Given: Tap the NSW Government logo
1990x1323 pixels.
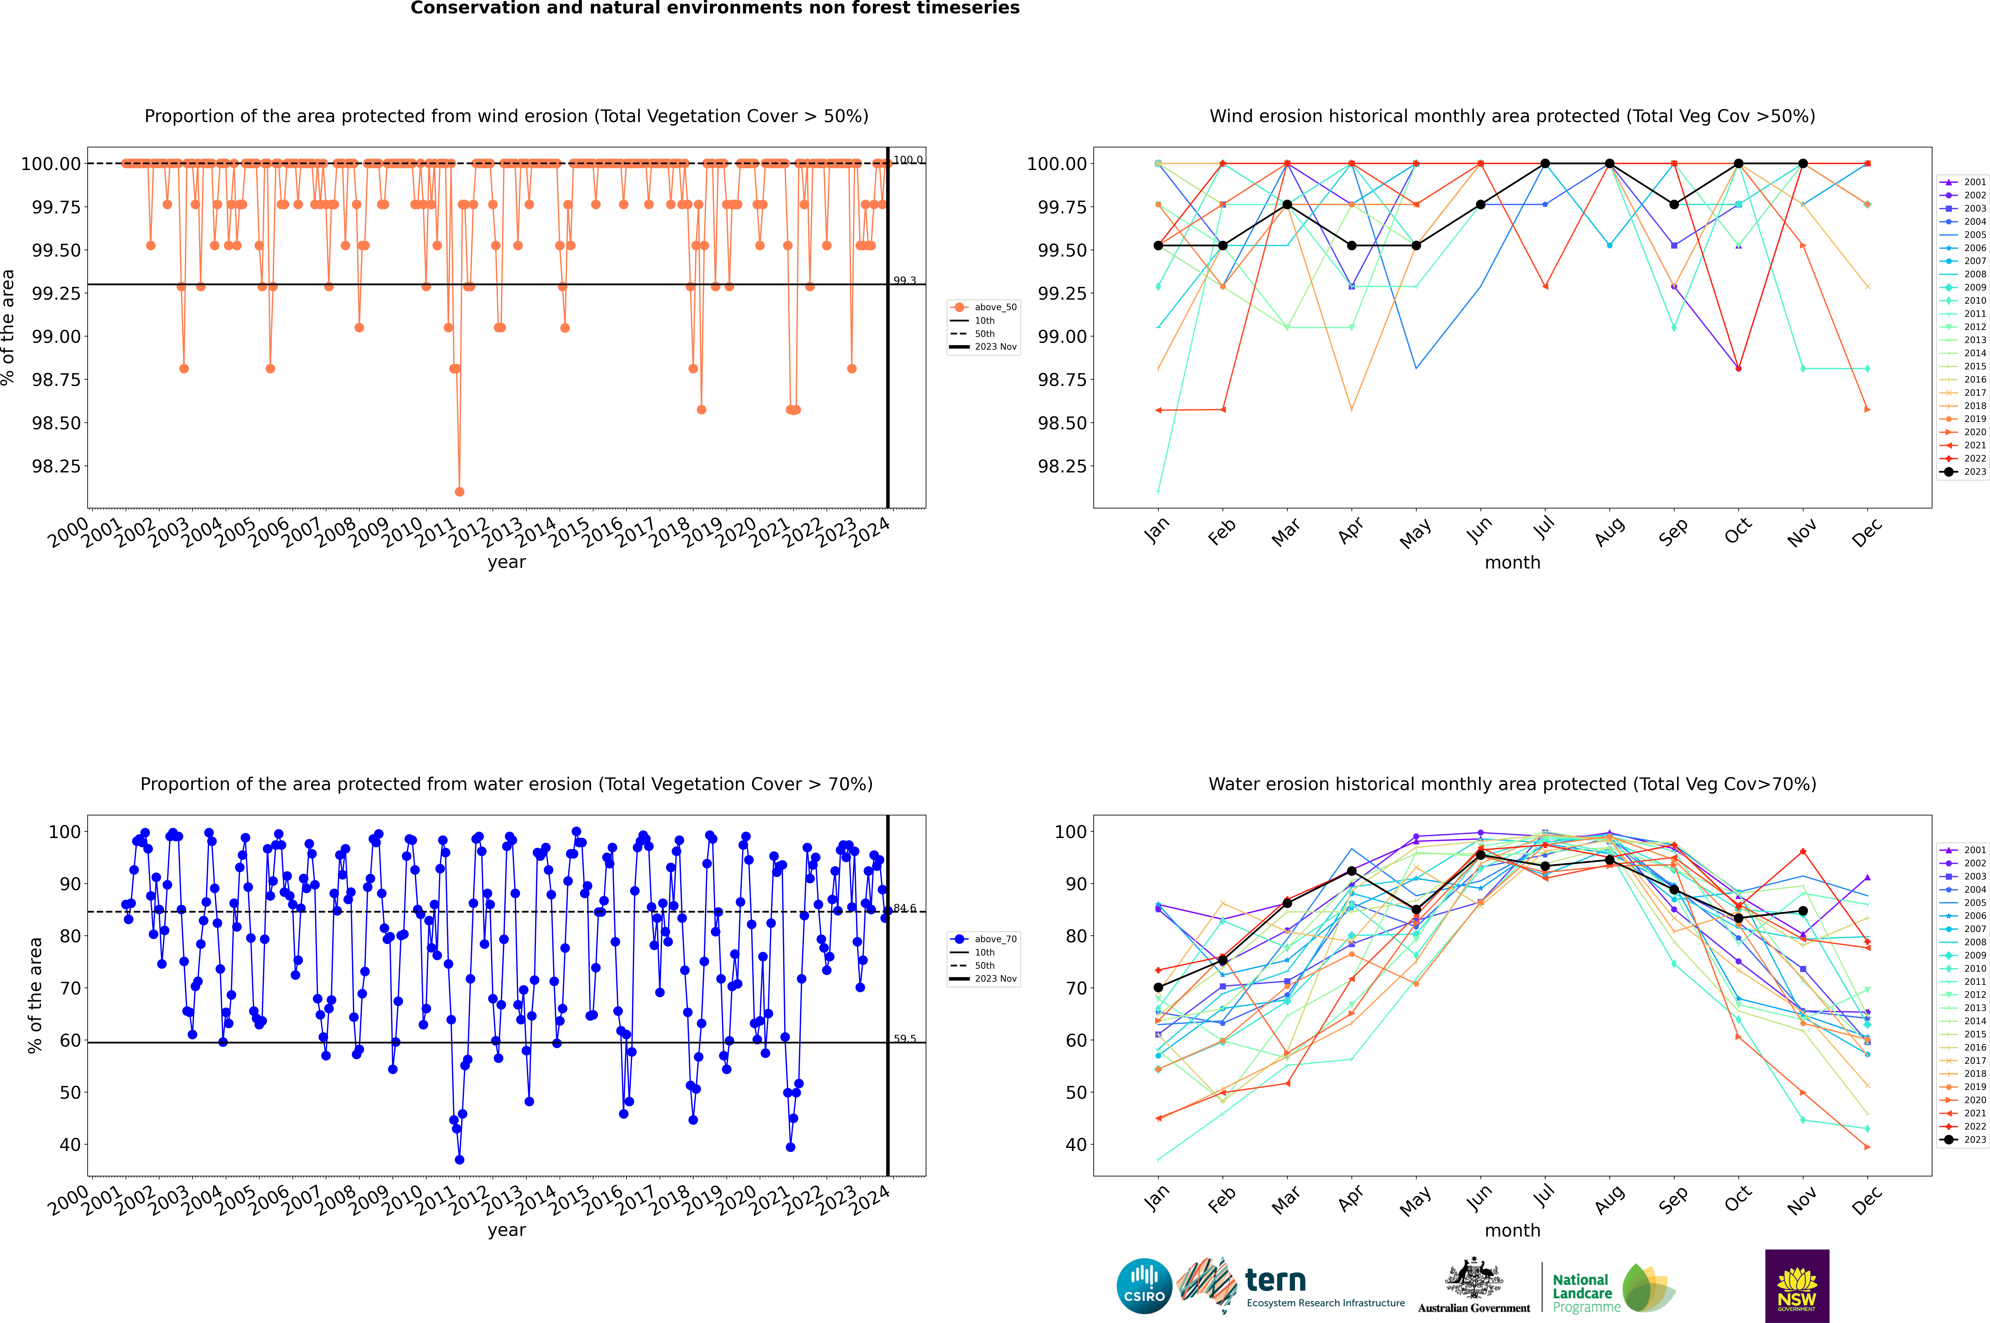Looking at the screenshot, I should click(x=1797, y=1286).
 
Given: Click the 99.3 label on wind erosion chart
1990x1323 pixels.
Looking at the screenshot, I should click(x=904, y=280).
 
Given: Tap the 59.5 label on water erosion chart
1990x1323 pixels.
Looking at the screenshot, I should click(x=904, y=1039).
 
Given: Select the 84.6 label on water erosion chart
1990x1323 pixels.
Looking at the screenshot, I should click(x=904, y=908).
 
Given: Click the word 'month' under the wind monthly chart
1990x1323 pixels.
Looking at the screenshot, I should click(x=1512, y=563).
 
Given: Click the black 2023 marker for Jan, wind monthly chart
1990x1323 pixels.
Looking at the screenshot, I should click(x=1158, y=246).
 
